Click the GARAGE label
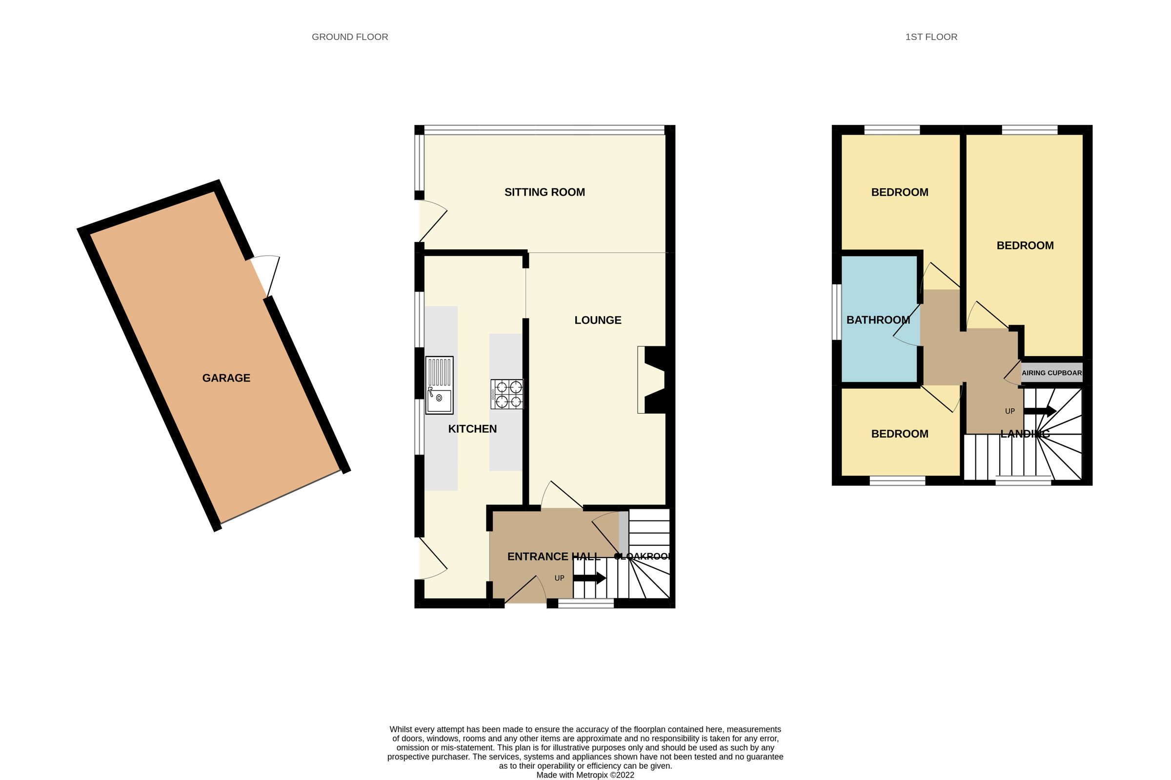226,378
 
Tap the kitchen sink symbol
439,385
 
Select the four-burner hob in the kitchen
507,394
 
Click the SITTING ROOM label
544,192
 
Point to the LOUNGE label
597,320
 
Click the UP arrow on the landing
1040,411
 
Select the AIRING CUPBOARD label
1051,373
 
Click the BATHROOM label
878,320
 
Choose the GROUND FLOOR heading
350,37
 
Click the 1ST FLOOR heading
931,37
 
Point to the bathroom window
837,312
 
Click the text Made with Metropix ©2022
585,775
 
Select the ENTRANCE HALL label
553,557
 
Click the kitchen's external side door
432,559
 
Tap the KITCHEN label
472,429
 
